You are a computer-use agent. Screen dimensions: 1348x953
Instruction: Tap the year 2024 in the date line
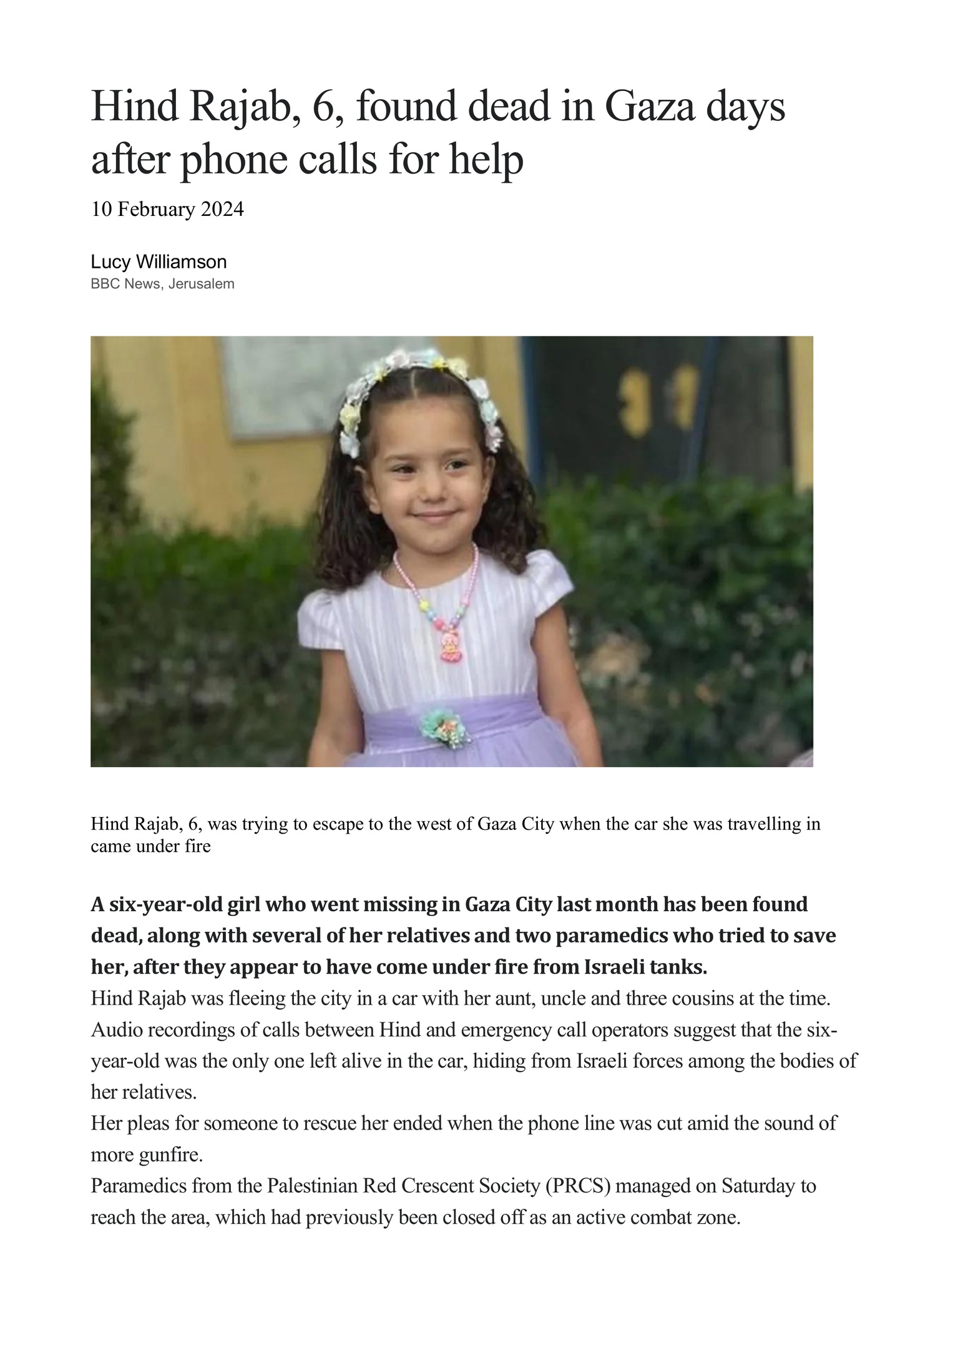tap(222, 210)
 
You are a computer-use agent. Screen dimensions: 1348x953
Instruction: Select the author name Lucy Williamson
tap(159, 261)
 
